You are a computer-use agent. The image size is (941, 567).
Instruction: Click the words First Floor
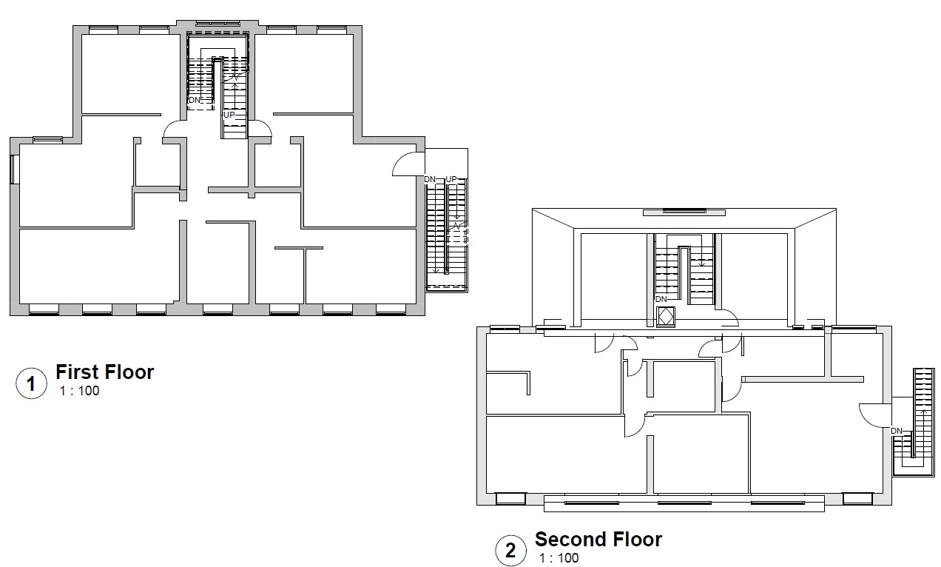click(x=104, y=372)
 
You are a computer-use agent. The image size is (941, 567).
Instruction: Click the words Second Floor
click(x=598, y=540)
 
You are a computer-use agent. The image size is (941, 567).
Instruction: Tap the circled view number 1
click(x=31, y=383)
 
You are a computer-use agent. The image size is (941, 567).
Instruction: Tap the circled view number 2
click(x=510, y=551)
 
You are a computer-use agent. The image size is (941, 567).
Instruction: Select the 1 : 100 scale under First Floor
click(x=79, y=391)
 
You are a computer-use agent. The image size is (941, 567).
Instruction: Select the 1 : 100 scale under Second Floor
click(x=559, y=558)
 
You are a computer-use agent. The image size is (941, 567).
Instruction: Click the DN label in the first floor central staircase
click(x=195, y=100)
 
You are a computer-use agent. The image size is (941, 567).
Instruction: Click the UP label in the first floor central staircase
click(x=229, y=115)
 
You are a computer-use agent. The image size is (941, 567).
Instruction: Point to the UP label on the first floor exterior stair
click(x=451, y=179)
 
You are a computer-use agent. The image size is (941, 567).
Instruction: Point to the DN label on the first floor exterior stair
click(x=430, y=179)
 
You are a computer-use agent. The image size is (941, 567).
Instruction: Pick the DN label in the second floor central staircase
click(x=661, y=299)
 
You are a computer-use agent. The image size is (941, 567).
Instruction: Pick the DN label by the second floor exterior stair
click(x=897, y=431)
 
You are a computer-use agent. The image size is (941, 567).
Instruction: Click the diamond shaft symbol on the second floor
click(x=665, y=317)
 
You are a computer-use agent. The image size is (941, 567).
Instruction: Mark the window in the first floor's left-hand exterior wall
click(x=14, y=170)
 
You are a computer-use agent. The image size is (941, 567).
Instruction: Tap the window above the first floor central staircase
click(x=217, y=23)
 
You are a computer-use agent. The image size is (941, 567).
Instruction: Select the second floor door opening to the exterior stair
click(x=875, y=416)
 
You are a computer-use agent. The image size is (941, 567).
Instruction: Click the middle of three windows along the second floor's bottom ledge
click(x=684, y=503)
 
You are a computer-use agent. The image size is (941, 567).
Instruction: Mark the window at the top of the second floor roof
click(x=684, y=210)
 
